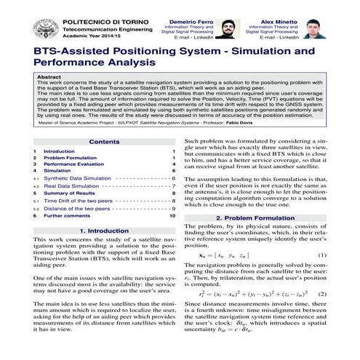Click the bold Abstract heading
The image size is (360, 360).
[x=49, y=76]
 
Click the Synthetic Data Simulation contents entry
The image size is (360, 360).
[x=77, y=178]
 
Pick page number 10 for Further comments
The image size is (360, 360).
[x=172, y=215]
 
